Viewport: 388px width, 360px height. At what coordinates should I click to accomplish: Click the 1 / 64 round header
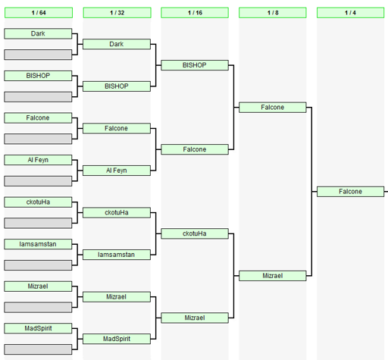[39, 13]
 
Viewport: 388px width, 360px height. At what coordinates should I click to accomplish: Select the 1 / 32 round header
[117, 13]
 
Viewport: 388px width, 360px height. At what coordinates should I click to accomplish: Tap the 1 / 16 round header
[195, 13]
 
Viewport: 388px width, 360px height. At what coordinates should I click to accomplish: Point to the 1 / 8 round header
[273, 13]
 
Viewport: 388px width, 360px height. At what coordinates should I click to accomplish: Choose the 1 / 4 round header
[350, 13]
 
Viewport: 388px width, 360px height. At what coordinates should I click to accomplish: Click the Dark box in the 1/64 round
[38, 33]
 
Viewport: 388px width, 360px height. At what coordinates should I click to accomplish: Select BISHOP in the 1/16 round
[195, 65]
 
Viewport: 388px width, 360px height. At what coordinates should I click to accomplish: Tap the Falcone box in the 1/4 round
[350, 192]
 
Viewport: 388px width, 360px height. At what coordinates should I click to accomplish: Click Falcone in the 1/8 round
[273, 108]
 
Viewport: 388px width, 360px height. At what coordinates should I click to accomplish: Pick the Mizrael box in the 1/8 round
[273, 276]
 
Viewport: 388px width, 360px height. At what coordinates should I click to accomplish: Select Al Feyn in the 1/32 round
[117, 171]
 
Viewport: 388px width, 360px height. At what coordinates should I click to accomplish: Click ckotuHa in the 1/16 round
[195, 233]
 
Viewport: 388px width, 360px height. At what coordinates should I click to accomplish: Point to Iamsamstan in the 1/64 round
[38, 244]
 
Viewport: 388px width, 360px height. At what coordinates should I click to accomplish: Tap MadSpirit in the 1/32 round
[117, 339]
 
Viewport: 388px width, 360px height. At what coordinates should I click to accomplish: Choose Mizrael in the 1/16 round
[195, 318]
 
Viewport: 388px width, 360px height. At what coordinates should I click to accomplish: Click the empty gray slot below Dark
[38, 55]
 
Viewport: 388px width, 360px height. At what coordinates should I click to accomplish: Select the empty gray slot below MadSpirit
[38, 349]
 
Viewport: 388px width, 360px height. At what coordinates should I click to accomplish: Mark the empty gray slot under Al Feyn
[38, 181]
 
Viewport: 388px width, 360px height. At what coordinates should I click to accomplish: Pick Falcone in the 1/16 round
[195, 149]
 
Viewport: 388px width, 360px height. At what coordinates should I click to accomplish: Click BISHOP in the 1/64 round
[38, 76]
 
